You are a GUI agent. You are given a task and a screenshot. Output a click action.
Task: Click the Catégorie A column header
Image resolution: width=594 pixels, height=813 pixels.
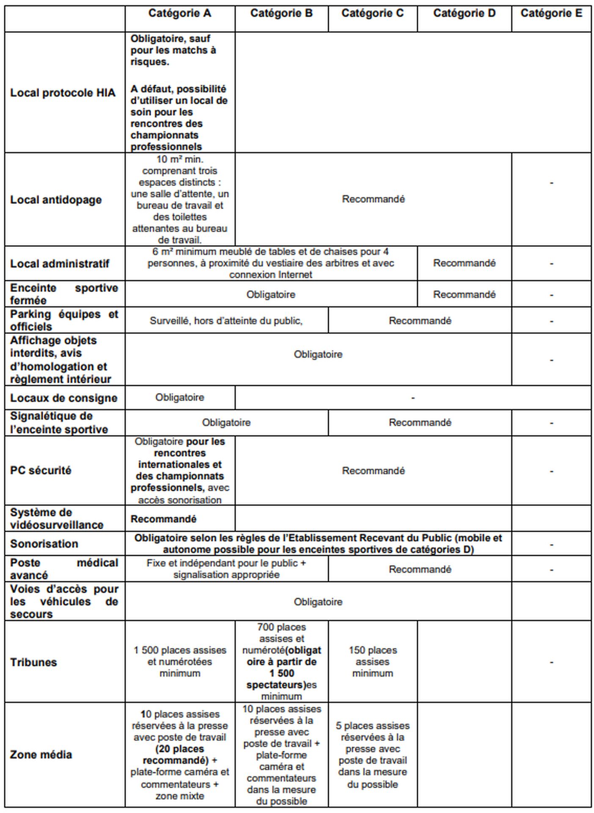(179, 14)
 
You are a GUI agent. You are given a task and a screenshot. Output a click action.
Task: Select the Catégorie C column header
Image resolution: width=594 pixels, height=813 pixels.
(372, 14)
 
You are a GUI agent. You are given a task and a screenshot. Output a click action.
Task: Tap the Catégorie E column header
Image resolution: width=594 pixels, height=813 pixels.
(551, 14)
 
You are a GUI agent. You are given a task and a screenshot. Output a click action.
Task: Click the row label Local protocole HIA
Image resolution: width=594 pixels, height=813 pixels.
(63, 93)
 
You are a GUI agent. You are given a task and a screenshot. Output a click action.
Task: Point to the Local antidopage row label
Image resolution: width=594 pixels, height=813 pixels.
(56, 199)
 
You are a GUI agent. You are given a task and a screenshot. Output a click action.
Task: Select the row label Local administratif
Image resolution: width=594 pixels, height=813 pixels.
(60, 263)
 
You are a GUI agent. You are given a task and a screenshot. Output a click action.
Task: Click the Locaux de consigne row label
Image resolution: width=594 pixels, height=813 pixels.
(63, 398)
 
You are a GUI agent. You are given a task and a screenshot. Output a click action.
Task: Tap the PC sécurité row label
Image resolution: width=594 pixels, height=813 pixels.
(41, 470)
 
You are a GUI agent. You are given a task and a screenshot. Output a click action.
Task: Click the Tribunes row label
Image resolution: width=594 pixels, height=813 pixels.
(33, 662)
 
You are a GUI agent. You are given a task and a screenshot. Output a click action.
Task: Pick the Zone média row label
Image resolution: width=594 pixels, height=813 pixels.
(41, 754)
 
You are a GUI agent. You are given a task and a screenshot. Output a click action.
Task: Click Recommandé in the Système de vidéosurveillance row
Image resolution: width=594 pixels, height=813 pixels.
(163, 519)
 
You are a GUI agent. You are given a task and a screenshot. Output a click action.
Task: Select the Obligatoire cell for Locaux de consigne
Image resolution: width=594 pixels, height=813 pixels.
(179, 397)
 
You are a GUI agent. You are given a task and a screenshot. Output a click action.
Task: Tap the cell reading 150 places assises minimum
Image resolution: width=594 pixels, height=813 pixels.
(373, 661)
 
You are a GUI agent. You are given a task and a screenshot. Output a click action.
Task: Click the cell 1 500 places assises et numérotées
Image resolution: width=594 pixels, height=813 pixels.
(180, 661)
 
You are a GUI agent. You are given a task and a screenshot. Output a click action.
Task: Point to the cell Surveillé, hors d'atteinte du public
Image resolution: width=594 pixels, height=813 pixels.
(226, 321)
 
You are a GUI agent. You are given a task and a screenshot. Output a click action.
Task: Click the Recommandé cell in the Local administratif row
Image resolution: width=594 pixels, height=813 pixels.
(464, 263)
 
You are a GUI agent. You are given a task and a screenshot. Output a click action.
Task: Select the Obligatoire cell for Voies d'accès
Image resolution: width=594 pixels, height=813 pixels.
(318, 602)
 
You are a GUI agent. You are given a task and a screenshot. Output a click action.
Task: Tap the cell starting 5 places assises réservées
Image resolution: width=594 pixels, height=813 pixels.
(372, 754)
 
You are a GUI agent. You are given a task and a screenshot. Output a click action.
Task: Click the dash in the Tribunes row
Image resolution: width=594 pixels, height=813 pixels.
(551, 662)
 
